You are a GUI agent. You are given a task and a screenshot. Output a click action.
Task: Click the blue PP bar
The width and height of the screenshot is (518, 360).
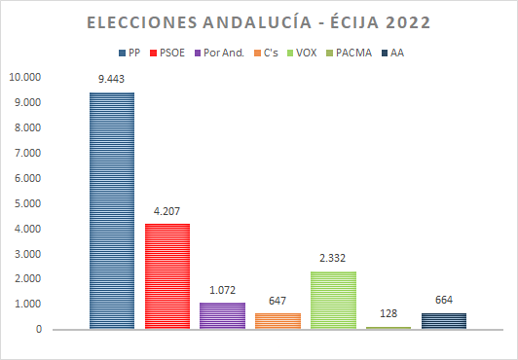[x=112, y=210]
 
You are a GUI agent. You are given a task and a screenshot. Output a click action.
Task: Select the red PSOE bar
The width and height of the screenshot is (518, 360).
[x=167, y=276]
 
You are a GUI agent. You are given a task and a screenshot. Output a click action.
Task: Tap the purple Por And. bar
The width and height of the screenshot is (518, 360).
[x=222, y=315]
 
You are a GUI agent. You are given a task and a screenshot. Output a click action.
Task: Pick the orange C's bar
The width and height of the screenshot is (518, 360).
[x=277, y=321]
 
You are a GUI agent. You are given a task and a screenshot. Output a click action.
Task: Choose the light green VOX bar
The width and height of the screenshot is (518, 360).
[x=333, y=300]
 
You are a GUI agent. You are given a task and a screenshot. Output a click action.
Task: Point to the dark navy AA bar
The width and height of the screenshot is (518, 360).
[x=444, y=321]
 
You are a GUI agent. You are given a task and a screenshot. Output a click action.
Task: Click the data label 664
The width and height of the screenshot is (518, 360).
[x=444, y=300]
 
